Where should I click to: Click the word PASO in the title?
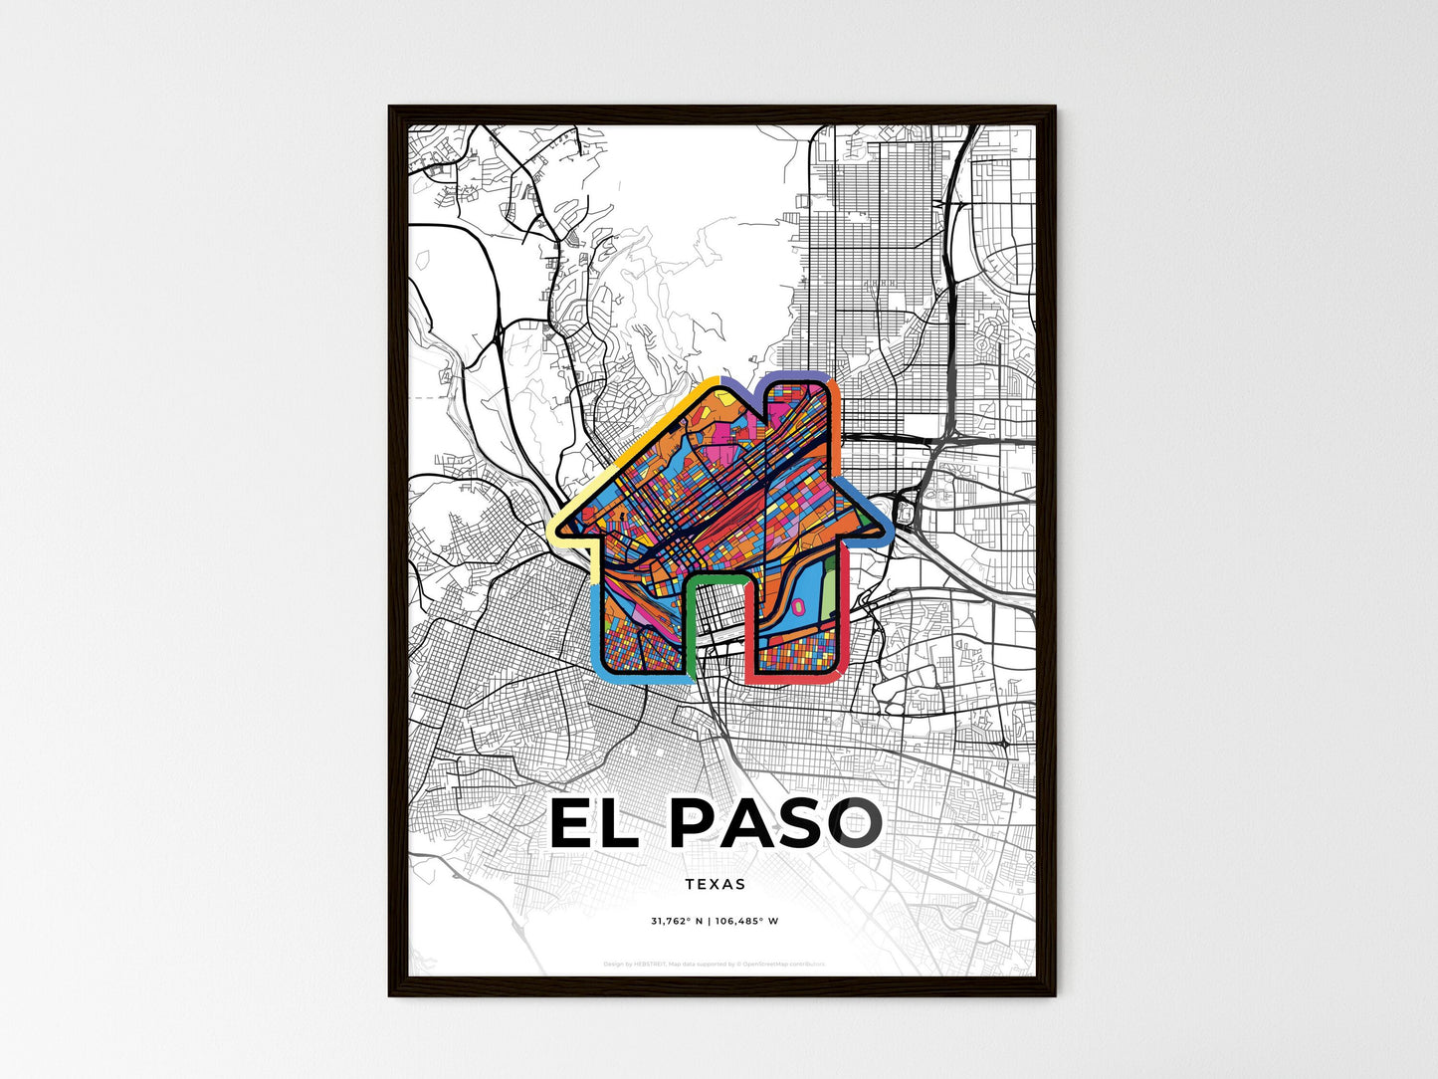(774, 824)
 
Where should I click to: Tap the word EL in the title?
(594, 824)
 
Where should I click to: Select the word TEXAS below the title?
(715, 883)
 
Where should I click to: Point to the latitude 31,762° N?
(677, 921)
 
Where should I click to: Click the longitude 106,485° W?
(746, 921)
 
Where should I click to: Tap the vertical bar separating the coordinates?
(709, 921)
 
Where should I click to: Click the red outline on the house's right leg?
(841, 637)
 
